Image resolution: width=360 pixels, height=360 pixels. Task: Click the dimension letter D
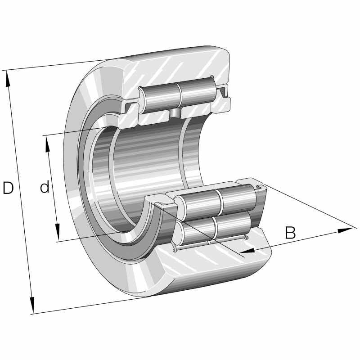8,188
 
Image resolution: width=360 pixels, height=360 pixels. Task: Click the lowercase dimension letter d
44,187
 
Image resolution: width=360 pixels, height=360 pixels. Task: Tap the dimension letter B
291,233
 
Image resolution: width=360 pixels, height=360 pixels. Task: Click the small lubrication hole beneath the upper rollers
175,112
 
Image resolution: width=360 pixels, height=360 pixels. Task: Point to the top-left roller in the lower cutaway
200,202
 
